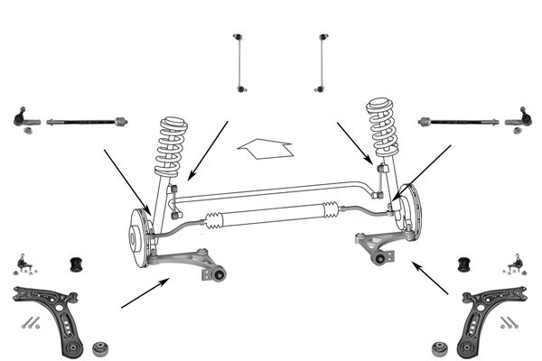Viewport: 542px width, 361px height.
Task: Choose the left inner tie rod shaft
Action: pyautogui.click(x=86, y=119)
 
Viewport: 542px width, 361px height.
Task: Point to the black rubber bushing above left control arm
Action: pyautogui.click(x=76, y=264)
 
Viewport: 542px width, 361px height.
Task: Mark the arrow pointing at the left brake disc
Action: pyautogui.click(x=126, y=181)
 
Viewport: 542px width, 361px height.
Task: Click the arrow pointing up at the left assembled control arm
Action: pyautogui.click(x=145, y=293)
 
